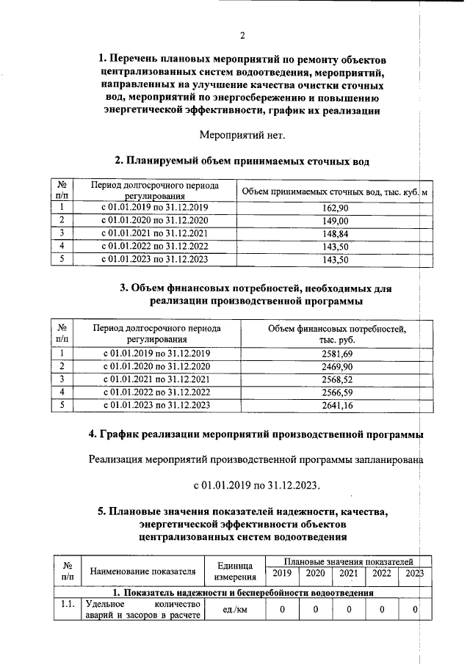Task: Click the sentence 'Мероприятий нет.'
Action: point(242,135)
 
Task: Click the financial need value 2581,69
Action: point(337,354)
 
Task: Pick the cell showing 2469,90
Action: point(337,367)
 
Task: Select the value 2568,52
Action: point(337,379)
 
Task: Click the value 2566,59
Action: point(337,392)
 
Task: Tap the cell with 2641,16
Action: point(337,404)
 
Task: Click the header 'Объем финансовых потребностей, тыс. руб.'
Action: point(337,335)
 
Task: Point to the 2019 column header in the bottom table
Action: point(281,574)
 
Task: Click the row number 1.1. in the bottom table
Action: point(68,605)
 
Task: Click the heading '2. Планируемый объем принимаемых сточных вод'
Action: point(242,161)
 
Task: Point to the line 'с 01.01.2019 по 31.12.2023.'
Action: point(256,486)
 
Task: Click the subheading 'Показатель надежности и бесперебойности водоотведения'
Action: point(242,592)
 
